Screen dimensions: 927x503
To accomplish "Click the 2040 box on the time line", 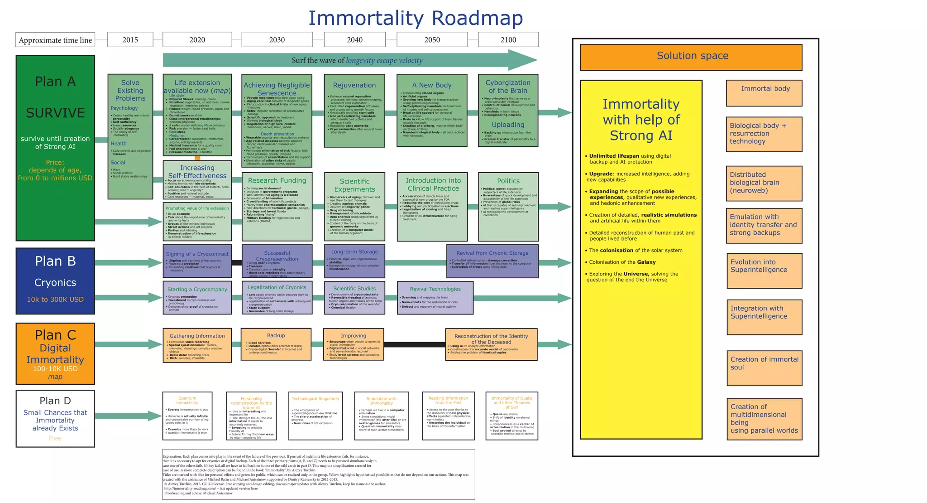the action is click(x=354, y=40).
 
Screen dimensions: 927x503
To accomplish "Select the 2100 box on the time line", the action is click(x=508, y=40).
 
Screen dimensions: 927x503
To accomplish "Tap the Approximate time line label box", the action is click(x=55, y=40).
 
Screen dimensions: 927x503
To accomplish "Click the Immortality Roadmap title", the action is click(x=415, y=19).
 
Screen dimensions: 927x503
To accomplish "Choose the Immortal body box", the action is click(x=764, y=93).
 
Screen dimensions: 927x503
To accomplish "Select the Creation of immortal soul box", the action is click(x=764, y=368).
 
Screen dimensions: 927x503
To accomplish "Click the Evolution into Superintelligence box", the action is click(x=764, y=271).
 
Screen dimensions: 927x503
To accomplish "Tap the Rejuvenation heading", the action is click(x=354, y=85).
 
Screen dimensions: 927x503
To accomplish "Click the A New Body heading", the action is click(x=431, y=85).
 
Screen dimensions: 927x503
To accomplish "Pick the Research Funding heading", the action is click(x=277, y=180).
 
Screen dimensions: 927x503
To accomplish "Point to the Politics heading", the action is click(x=508, y=181).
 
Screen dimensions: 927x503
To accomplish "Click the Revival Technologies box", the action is click(x=435, y=298).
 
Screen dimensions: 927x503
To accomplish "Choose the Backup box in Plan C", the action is click(x=276, y=344).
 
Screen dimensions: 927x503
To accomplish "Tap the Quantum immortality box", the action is click(x=187, y=416).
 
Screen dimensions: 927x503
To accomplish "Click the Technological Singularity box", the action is click(x=315, y=416).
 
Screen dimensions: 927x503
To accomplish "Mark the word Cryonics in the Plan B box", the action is click(x=55, y=283).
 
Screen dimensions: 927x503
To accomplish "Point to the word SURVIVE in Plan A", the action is click(x=55, y=113).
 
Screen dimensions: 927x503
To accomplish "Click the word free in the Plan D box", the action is click(x=55, y=438).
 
